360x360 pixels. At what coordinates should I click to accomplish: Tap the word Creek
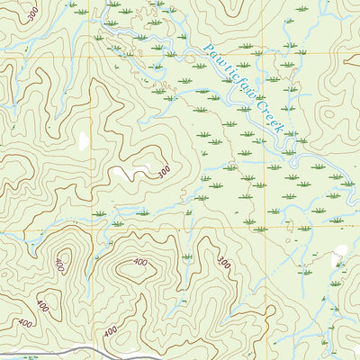tap(268, 117)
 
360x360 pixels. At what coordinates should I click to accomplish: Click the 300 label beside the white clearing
tap(163, 171)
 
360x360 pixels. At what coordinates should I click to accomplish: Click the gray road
tap(90, 349)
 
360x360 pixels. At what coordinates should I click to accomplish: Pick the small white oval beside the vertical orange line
tap(84, 141)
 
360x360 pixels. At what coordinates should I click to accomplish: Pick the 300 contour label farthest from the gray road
tap(33, 14)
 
